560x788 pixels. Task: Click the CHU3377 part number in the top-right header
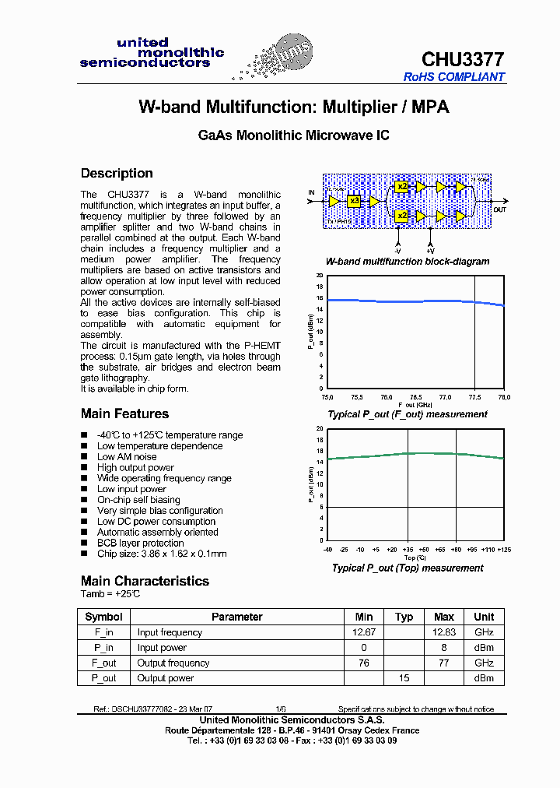[x=463, y=60]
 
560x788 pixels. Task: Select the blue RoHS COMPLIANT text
[x=454, y=77]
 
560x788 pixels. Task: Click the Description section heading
[x=117, y=173]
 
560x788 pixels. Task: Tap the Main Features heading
[x=124, y=413]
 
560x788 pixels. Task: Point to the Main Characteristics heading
[x=145, y=581]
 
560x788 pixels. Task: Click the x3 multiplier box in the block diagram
[x=355, y=200]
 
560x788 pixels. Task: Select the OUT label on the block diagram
[x=499, y=209]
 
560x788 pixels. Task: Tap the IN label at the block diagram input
[x=311, y=192]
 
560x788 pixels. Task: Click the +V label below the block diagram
[x=429, y=252]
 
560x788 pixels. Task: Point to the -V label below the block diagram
[x=397, y=252]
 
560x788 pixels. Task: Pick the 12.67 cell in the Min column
[x=364, y=632]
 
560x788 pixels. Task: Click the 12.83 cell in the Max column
[x=444, y=632]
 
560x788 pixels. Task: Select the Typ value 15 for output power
[x=404, y=678]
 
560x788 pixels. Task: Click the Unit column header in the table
[x=484, y=617]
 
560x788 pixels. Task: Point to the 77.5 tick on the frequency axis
[x=474, y=396]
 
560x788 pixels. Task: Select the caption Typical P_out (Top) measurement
[x=408, y=568]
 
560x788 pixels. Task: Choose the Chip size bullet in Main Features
[x=162, y=554]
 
